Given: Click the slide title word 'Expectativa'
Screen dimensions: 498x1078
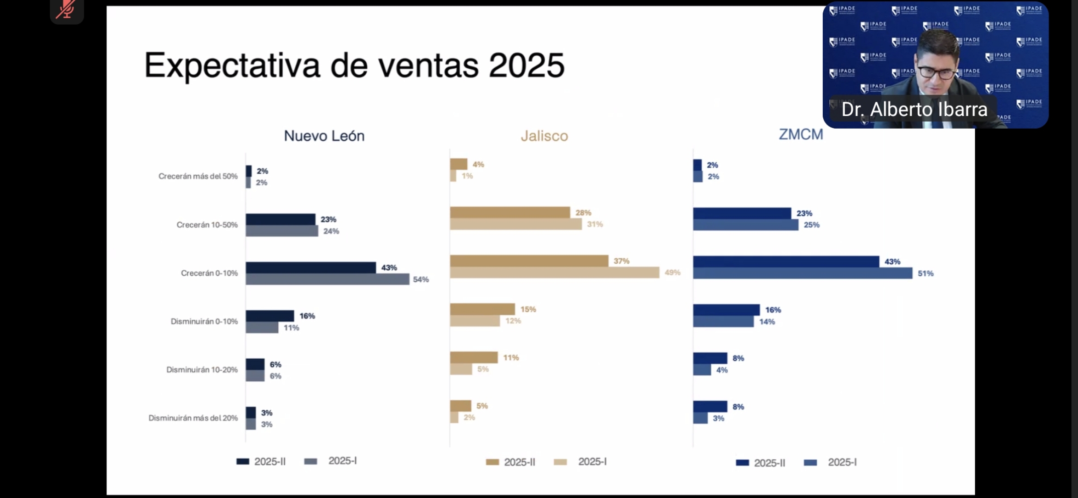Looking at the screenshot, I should (232, 65).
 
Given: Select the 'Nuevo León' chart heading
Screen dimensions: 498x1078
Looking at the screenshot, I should (324, 136).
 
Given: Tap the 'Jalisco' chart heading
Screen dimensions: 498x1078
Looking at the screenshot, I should (544, 136).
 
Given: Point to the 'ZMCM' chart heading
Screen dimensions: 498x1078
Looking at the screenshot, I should (801, 134).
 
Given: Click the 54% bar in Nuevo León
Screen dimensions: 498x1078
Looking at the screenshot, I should (327, 279).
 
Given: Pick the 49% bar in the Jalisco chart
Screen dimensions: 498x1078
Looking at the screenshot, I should (554, 273).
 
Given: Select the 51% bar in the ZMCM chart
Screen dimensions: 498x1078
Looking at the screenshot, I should (803, 273).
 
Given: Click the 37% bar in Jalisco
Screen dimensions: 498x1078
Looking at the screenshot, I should (529, 261).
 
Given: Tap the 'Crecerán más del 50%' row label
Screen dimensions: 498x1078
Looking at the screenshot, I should (198, 176).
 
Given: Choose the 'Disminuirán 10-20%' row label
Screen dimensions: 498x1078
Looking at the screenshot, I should (202, 370).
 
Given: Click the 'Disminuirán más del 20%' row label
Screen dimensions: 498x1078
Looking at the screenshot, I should (193, 418).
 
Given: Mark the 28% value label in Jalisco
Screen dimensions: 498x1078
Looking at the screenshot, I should (583, 213).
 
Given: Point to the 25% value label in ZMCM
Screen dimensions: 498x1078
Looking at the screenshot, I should (811, 225).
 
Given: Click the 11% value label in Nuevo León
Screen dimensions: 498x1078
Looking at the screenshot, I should (291, 328).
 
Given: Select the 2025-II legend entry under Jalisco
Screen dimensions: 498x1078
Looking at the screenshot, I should (510, 462).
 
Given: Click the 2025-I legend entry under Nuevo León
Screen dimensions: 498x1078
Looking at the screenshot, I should (331, 461).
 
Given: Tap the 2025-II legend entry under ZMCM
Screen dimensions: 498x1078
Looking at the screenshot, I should (761, 463).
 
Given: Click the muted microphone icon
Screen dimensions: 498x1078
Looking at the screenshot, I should (66, 9).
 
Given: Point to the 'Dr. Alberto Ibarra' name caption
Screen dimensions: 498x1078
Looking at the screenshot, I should (914, 110).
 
